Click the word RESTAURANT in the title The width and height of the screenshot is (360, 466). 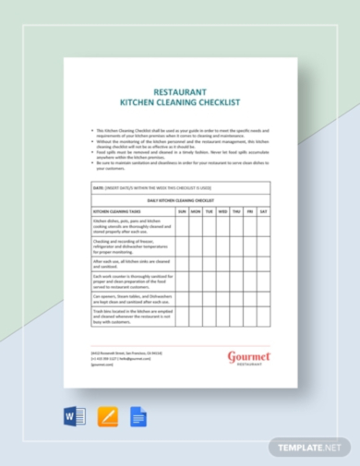click(180, 92)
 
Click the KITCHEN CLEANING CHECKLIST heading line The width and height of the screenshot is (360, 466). click(180, 104)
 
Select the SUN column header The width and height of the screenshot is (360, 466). click(182, 211)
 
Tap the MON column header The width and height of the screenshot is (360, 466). click(196, 211)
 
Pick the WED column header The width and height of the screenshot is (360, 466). click(223, 211)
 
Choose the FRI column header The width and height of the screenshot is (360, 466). click(250, 211)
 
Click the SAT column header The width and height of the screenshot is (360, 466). click(264, 211)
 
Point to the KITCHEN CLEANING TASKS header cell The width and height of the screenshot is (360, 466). click(121, 211)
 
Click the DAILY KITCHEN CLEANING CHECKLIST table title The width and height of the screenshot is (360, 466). click(180, 199)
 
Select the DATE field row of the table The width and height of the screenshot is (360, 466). click(180, 187)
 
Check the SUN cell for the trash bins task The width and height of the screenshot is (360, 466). click(182, 317)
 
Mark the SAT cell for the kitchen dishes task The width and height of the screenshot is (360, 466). click(264, 226)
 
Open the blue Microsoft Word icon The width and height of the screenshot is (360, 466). click(75, 416)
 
